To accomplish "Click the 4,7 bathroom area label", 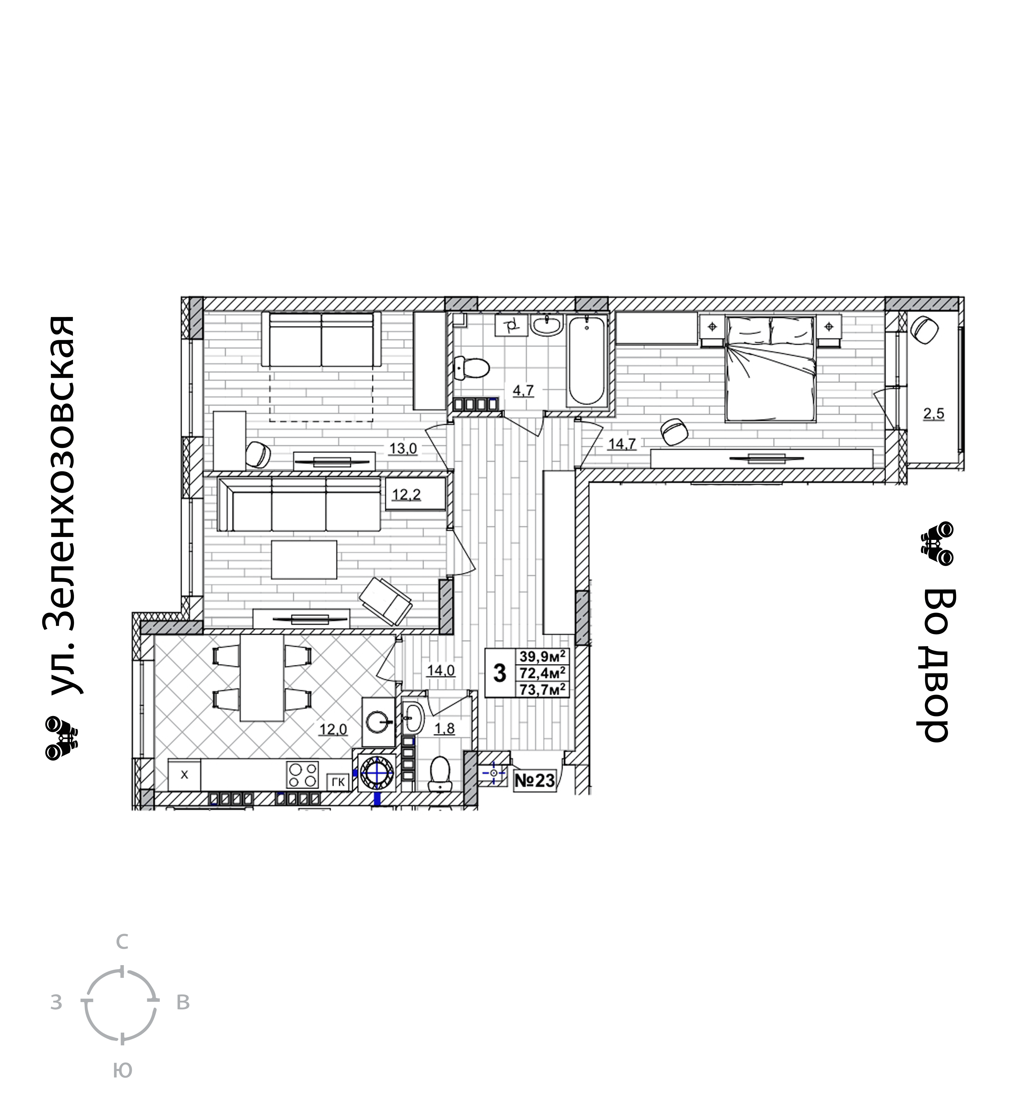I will [x=523, y=390].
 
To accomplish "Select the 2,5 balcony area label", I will [x=933, y=414].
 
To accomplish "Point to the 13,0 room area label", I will [x=403, y=448].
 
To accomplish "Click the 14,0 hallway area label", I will [x=441, y=671].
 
